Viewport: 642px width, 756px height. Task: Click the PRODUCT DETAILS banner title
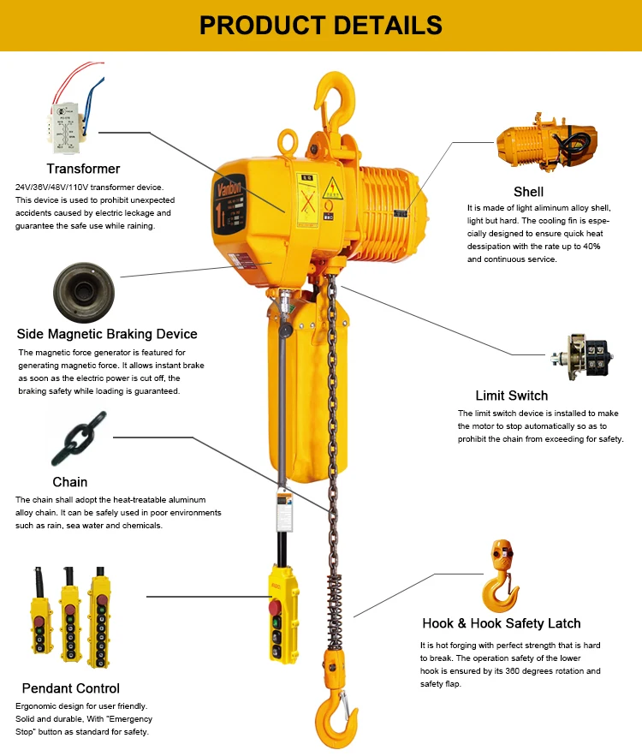tap(321, 25)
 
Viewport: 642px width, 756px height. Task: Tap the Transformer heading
tap(83, 169)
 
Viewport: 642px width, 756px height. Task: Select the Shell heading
tap(529, 192)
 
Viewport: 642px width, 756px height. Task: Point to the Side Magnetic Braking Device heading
tap(107, 334)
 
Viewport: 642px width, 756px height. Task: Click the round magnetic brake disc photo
tap(84, 292)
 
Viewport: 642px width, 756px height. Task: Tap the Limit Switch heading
tap(512, 396)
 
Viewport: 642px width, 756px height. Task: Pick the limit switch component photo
tap(582, 357)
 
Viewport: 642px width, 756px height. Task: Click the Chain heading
tap(70, 482)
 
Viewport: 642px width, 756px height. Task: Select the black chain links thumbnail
tap(79, 438)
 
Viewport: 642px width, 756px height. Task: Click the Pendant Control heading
tap(71, 688)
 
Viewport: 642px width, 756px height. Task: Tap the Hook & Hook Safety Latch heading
tap(502, 623)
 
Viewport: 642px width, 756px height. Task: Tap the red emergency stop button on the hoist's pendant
tap(275, 607)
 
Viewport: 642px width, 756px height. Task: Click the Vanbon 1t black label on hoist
tap(229, 205)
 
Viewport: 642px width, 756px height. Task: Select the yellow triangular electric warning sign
tap(333, 188)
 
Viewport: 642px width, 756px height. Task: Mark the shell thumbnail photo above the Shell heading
tap(547, 143)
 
